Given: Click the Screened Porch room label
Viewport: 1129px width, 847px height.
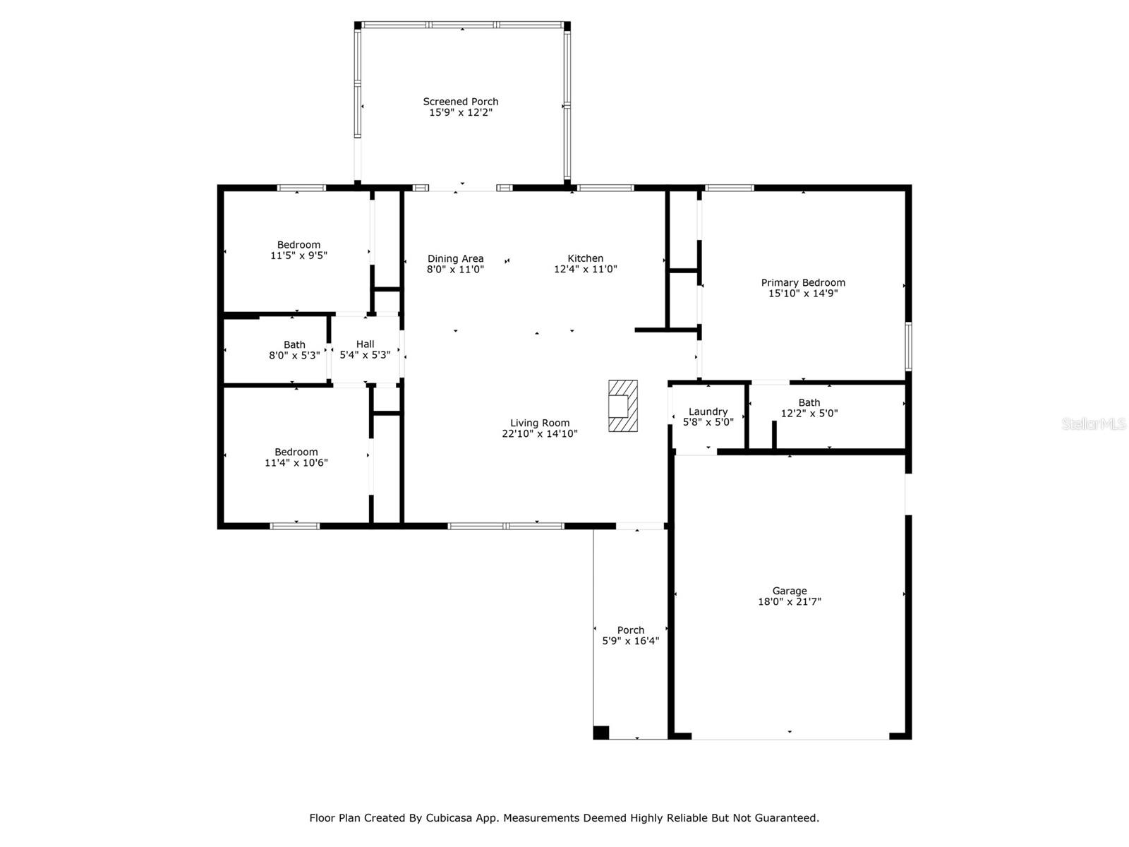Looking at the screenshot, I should click(x=461, y=102).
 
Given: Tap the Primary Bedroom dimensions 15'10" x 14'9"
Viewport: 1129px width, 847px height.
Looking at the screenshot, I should click(x=803, y=293).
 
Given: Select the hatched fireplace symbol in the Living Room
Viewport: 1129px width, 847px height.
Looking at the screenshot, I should click(x=623, y=406).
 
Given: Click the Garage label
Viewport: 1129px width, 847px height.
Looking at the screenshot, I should click(x=790, y=591).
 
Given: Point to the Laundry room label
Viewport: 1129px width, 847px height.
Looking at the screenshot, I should click(x=708, y=412).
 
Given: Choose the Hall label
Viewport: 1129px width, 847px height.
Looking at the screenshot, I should click(x=365, y=344).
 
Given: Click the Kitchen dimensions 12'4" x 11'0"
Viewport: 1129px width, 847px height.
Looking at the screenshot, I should click(x=585, y=269).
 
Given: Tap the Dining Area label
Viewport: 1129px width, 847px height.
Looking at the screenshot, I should click(x=455, y=258).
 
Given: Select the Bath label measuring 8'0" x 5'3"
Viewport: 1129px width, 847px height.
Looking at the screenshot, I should click(x=294, y=344).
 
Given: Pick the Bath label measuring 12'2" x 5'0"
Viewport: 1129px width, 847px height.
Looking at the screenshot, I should click(x=809, y=402).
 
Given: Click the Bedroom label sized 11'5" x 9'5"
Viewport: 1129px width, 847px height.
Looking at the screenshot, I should click(x=298, y=245).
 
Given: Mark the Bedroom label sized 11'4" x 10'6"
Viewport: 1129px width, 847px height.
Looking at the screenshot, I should click(x=296, y=452).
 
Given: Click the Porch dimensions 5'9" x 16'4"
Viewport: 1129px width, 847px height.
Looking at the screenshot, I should click(x=630, y=641).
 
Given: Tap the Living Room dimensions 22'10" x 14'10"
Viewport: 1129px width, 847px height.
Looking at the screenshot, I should click(x=540, y=434).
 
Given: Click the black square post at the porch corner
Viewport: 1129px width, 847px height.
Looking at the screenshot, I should click(x=600, y=732).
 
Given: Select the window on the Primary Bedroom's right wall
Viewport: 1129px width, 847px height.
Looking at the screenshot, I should click(x=908, y=347).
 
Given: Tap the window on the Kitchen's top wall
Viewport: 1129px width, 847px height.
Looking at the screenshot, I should click(x=605, y=188).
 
